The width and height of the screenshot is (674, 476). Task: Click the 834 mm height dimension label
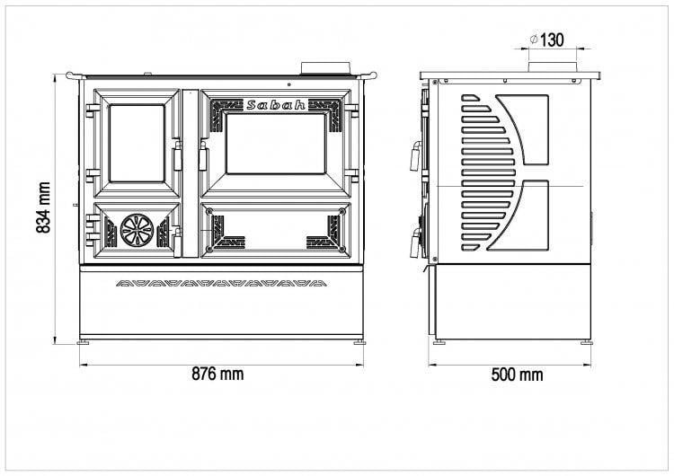[43, 207]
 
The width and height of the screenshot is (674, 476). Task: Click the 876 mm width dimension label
[217, 374]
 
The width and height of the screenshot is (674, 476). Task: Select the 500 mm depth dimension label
[517, 375]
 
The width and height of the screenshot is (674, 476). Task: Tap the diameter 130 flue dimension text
[547, 40]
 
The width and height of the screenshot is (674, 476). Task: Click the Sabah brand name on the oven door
[277, 105]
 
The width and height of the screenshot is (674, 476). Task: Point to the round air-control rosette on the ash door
[137, 230]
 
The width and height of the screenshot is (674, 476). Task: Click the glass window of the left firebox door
[137, 143]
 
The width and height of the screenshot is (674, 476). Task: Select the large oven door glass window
[276, 144]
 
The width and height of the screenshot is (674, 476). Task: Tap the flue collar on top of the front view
[326, 68]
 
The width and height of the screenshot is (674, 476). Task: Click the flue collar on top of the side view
[553, 67]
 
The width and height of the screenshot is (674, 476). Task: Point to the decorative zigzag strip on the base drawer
[221, 284]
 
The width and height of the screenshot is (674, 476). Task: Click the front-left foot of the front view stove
[84, 342]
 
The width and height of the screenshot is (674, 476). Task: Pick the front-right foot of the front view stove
[359, 342]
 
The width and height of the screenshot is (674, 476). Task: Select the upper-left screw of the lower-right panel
[209, 211]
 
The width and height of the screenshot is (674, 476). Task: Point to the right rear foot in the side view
[586, 342]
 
